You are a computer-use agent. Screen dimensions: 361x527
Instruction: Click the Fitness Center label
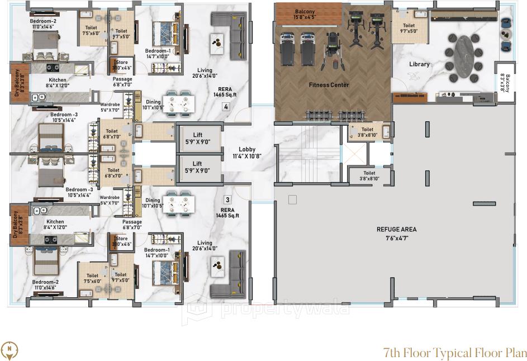(x=329, y=85)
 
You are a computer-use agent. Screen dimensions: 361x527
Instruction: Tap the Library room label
(x=419, y=64)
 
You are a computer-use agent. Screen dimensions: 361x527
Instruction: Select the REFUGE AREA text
(x=396, y=229)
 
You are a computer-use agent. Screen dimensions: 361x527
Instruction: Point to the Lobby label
(x=247, y=149)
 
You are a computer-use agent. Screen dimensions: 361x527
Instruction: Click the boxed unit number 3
(x=227, y=199)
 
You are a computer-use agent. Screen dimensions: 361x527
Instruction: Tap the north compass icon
(x=10, y=350)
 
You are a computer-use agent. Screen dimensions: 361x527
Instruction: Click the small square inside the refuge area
(x=291, y=199)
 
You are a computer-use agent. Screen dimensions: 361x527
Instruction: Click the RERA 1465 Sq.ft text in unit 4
(x=225, y=92)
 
